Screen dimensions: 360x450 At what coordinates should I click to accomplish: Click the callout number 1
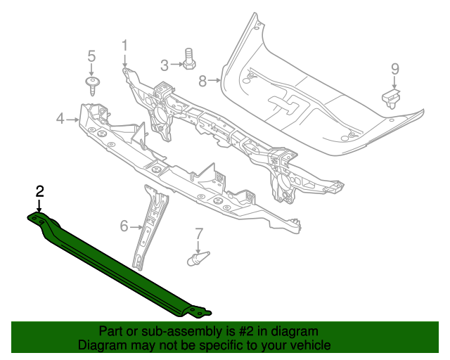[124, 46]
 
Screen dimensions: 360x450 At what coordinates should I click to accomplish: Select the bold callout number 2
[40, 191]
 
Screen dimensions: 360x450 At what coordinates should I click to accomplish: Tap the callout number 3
[165, 65]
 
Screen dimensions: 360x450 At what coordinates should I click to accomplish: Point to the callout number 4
[60, 120]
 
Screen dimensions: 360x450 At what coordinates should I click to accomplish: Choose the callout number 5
[91, 56]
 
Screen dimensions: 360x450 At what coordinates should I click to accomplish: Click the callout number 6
[124, 226]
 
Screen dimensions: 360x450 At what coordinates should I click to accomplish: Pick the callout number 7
[198, 233]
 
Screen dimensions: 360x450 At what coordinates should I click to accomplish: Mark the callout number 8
[202, 82]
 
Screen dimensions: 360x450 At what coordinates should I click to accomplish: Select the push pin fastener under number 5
[92, 86]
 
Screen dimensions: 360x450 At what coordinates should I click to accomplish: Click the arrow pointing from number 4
[73, 120]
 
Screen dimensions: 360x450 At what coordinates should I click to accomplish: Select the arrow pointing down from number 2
[40, 206]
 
